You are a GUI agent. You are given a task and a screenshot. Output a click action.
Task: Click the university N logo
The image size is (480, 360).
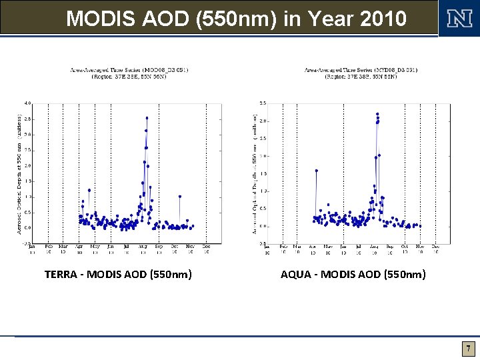tap(458, 18)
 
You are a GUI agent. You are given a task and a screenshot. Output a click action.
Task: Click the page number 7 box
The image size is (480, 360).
tap(469, 349)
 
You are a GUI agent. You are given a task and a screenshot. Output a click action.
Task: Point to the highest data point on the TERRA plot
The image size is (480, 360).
tap(147, 118)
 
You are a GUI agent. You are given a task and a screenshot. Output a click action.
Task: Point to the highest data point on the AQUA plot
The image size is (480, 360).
tap(377, 114)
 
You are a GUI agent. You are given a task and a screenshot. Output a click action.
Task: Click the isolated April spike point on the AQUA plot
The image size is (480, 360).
tap(316, 171)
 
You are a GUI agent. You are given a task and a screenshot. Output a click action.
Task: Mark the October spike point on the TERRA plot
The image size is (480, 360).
tap(180, 197)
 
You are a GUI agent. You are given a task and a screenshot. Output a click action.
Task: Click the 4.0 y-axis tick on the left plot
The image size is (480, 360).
tap(27, 103)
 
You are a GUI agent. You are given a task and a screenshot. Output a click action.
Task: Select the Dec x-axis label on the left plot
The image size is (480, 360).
tap(207, 247)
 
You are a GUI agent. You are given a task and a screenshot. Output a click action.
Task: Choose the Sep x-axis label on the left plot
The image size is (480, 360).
tap(159, 247)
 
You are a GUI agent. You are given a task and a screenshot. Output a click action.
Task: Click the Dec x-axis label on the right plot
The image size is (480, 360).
tap(436, 247)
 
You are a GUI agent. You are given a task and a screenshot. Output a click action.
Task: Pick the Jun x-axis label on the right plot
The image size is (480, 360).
tap(343, 247)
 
